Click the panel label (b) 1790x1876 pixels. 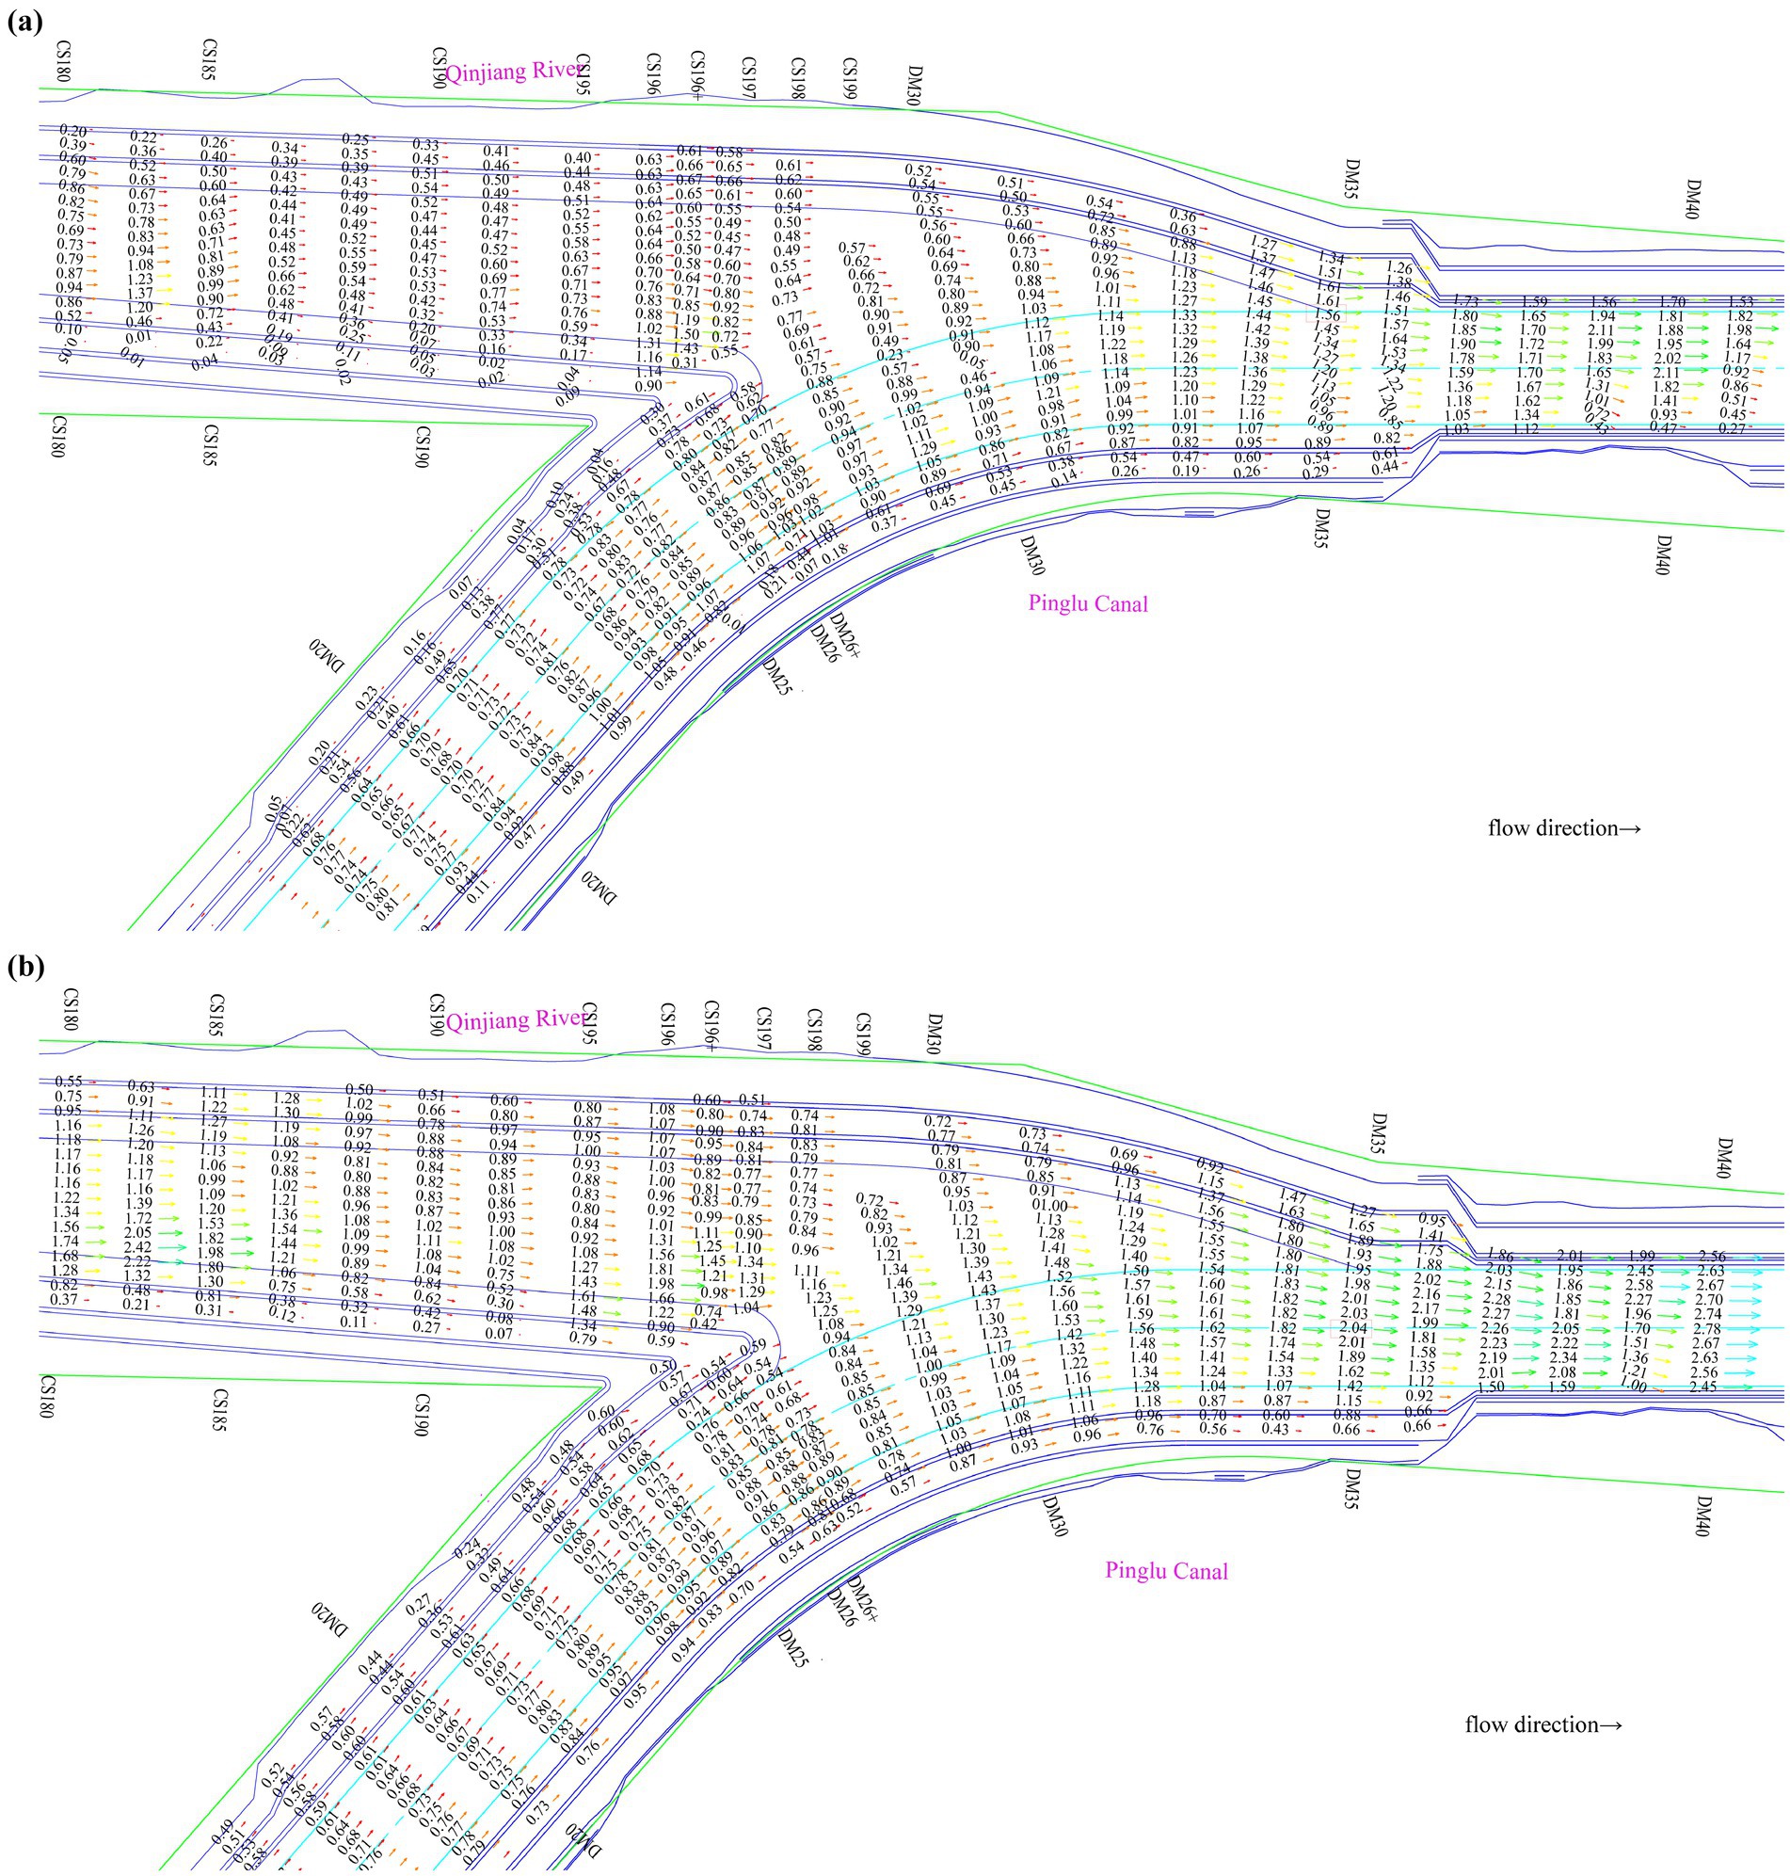click(x=24, y=968)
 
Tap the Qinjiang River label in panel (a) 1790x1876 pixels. click(x=514, y=72)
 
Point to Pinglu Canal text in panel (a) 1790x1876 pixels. click(x=1088, y=603)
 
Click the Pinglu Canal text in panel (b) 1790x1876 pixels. click(x=1166, y=1571)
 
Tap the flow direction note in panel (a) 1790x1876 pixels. click(x=1564, y=827)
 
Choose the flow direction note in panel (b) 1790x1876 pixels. click(x=1542, y=1724)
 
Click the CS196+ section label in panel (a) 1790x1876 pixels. click(x=697, y=75)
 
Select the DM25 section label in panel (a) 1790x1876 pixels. click(x=776, y=674)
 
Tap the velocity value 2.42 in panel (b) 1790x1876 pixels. click(x=139, y=1247)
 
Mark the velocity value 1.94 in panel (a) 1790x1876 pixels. click(x=1602, y=316)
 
